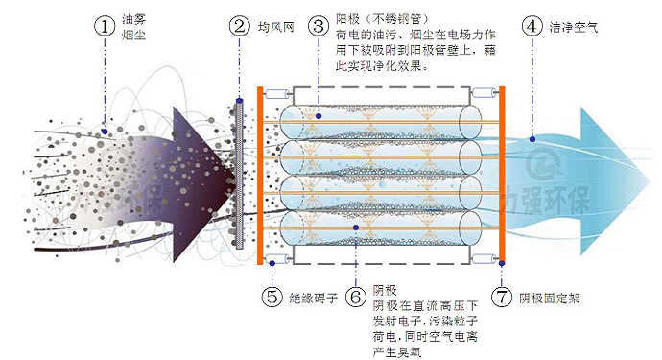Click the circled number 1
[x=104, y=27]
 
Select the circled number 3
[x=316, y=27]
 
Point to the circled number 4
[x=531, y=27]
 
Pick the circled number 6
[x=354, y=297]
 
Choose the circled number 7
[x=503, y=297]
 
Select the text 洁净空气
[x=574, y=27]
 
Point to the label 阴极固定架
[x=550, y=298]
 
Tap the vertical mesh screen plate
[x=241, y=173]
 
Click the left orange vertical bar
[x=260, y=173]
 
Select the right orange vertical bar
[x=501, y=173]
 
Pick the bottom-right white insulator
[x=489, y=252]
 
